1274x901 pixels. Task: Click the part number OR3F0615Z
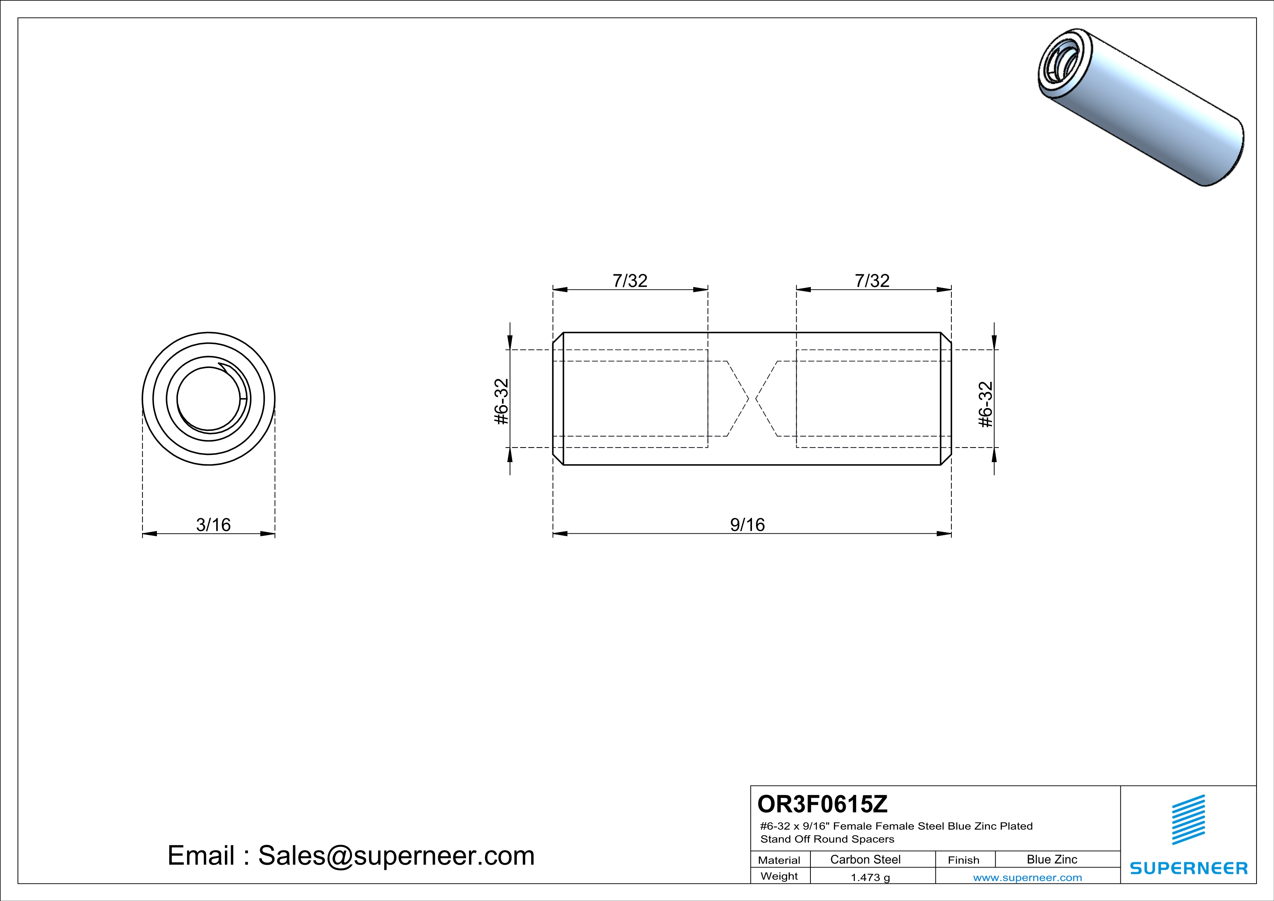(822, 803)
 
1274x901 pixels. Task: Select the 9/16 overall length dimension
(747, 524)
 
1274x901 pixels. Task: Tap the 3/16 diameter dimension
(213, 524)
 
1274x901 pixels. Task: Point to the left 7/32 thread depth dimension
(630, 281)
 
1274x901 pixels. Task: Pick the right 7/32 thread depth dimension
(872, 281)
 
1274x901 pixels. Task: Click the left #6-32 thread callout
(501, 402)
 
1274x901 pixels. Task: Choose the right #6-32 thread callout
(986, 404)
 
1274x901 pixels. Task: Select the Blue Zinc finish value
(1052, 859)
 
